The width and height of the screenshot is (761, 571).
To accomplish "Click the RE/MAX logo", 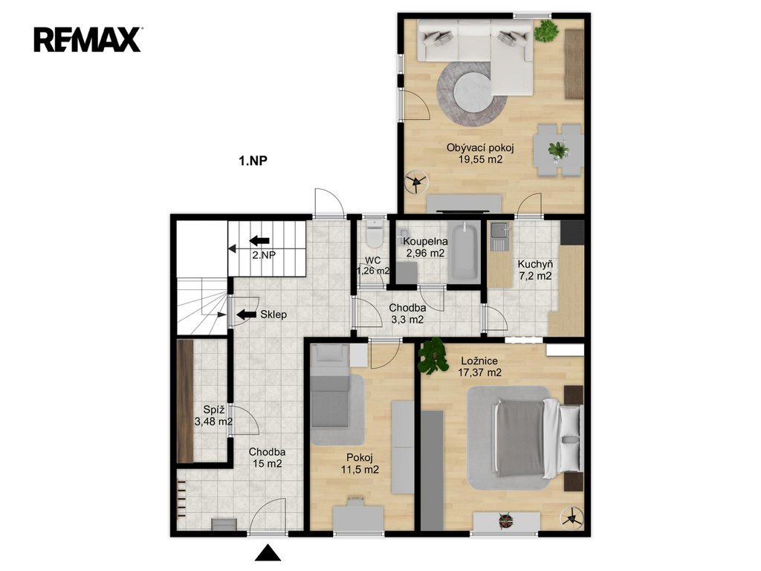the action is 88,40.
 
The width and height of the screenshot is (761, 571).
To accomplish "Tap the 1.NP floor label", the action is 253,161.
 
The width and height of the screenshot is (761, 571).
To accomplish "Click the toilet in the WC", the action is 375,233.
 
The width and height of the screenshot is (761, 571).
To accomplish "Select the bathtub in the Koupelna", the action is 464,251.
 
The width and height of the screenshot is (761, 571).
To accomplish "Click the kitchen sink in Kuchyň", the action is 499,236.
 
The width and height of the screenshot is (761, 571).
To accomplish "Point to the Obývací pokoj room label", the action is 480,148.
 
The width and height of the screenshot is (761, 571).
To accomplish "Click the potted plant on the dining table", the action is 559,149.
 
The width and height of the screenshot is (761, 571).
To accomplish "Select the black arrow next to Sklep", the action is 247,314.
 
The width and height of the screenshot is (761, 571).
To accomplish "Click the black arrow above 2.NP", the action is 259,240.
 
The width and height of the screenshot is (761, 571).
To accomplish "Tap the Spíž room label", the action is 213,410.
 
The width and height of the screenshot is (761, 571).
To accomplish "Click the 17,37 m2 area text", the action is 479,373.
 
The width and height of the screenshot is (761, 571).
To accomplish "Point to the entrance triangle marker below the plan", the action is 268,553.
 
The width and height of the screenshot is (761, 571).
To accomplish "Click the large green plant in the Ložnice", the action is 433,356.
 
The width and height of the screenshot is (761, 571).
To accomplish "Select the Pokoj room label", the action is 360,458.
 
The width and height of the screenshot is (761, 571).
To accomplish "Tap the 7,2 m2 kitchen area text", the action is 535,277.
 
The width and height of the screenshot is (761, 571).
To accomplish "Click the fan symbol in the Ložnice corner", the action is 571,518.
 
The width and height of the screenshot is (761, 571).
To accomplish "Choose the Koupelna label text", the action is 426,242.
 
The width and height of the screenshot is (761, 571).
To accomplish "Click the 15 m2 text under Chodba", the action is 267,464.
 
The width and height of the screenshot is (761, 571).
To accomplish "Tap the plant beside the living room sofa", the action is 545,30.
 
